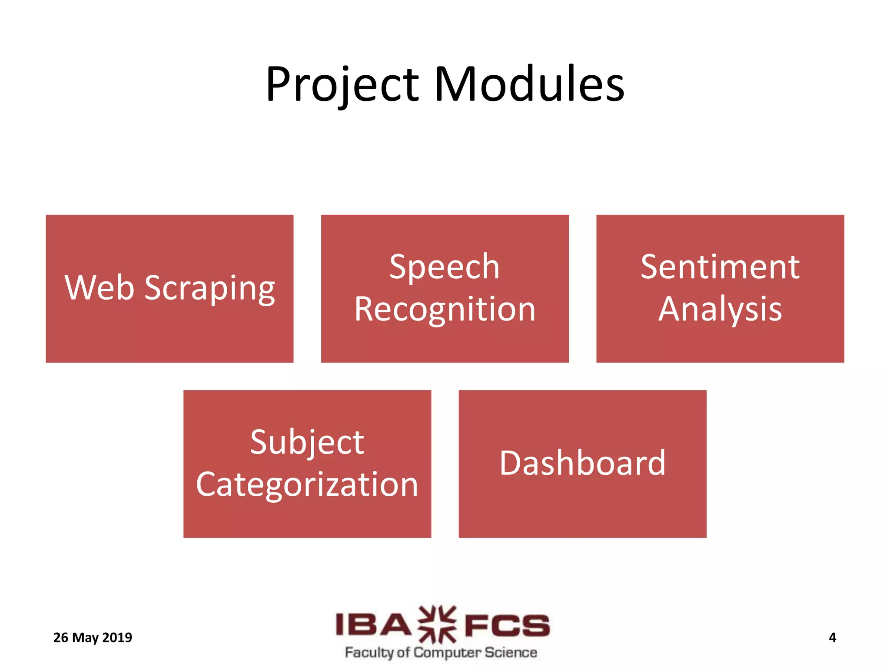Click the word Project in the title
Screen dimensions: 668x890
[342, 85]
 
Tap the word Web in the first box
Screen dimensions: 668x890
[100, 288]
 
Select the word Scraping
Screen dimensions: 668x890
[209, 289]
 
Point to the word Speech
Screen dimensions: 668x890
[444, 267]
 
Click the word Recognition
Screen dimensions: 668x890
[445, 309]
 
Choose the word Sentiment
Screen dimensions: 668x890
[720, 267]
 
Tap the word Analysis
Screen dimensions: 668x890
[720, 309]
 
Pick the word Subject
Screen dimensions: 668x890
[307, 443]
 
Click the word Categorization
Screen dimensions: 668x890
[307, 484]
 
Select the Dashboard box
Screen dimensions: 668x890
[582, 464]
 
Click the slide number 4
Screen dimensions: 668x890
[832, 638]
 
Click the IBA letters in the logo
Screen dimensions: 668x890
[373, 625]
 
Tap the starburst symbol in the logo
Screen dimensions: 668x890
[438, 625]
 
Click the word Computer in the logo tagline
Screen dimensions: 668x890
[448, 653]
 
